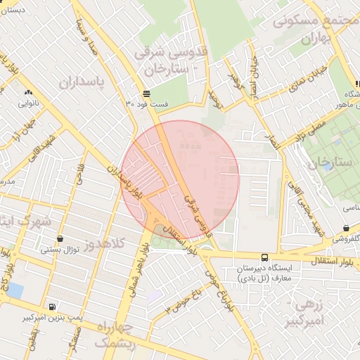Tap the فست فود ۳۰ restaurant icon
(146, 94)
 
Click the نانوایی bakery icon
(28, 93)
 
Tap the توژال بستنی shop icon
(60, 239)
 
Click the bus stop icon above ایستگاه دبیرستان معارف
(264, 257)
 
